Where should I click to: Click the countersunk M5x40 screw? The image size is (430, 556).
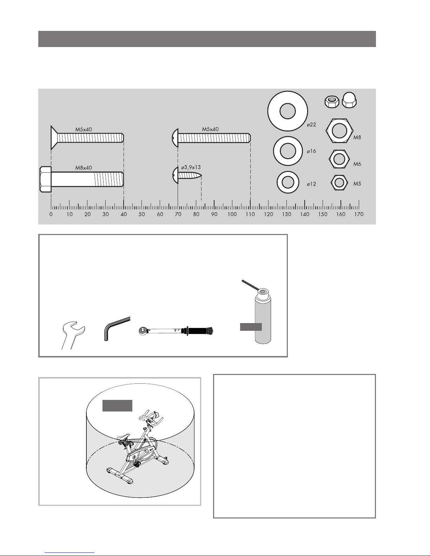click(87, 138)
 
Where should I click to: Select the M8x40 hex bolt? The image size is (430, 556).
click(82, 179)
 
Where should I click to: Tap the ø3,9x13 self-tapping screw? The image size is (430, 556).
click(187, 175)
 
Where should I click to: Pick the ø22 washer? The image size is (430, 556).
click(288, 111)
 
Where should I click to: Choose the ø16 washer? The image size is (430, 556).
click(288, 151)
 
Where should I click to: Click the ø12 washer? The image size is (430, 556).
click(288, 182)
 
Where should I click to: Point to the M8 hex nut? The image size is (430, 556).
click(339, 131)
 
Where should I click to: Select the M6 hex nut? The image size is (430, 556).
click(339, 159)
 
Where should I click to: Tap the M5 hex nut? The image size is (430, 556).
click(339, 183)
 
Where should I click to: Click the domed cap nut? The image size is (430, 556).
click(349, 100)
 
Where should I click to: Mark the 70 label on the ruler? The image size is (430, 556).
click(178, 214)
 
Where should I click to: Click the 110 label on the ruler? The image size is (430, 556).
click(250, 214)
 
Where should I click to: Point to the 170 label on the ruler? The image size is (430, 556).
click(359, 214)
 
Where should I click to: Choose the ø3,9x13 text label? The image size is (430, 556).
click(191, 167)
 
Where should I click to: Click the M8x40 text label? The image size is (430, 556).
click(84, 168)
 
